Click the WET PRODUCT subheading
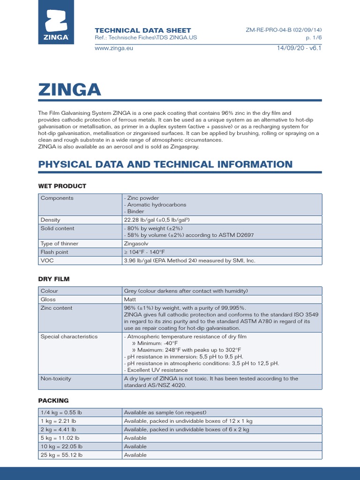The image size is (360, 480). coord(62,186)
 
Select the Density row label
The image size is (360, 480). coord(51,220)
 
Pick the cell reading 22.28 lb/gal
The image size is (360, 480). coord(156,220)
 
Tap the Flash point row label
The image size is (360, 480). coord(55,252)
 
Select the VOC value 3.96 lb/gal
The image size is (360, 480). coord(189,261)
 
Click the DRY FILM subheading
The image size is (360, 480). coord(53,279)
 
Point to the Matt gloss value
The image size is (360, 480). coord(129,300)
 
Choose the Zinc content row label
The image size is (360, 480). coord(57,308)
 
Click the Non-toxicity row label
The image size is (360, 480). coord(56,378)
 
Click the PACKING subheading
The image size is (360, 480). coord(53,401)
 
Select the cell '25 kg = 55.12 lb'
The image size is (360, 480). coord(61,455)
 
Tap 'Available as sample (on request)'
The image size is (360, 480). coord(165,412)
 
